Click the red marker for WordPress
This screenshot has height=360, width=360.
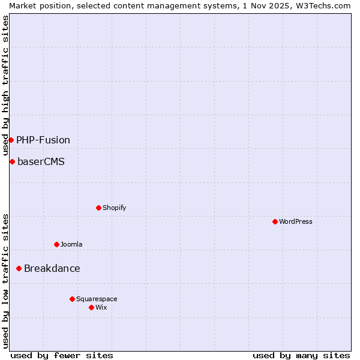275,222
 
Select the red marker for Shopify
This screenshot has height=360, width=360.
98,208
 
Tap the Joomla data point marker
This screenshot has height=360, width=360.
56,245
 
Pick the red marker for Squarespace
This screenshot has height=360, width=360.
72,299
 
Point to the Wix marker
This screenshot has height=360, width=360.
91,308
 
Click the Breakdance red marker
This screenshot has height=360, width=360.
19,269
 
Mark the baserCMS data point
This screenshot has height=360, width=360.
12,162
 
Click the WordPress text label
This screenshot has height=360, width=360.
296,222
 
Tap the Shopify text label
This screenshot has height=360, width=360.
115,208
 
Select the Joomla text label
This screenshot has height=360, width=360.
71,245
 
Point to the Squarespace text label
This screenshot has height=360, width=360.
97,299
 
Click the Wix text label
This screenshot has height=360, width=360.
101,308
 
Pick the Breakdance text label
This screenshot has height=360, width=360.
52,269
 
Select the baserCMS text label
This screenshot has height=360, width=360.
41,162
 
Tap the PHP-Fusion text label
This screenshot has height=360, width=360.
43,140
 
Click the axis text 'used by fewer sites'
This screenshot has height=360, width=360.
62,355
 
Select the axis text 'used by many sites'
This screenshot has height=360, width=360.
301,355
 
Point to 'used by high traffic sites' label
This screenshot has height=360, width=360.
5,85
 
